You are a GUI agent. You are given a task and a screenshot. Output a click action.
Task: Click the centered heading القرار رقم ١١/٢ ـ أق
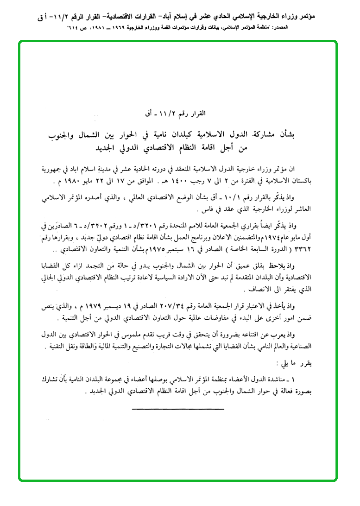(x=178, y=113)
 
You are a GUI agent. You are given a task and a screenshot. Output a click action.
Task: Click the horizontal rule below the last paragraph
(x=178, y=409)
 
